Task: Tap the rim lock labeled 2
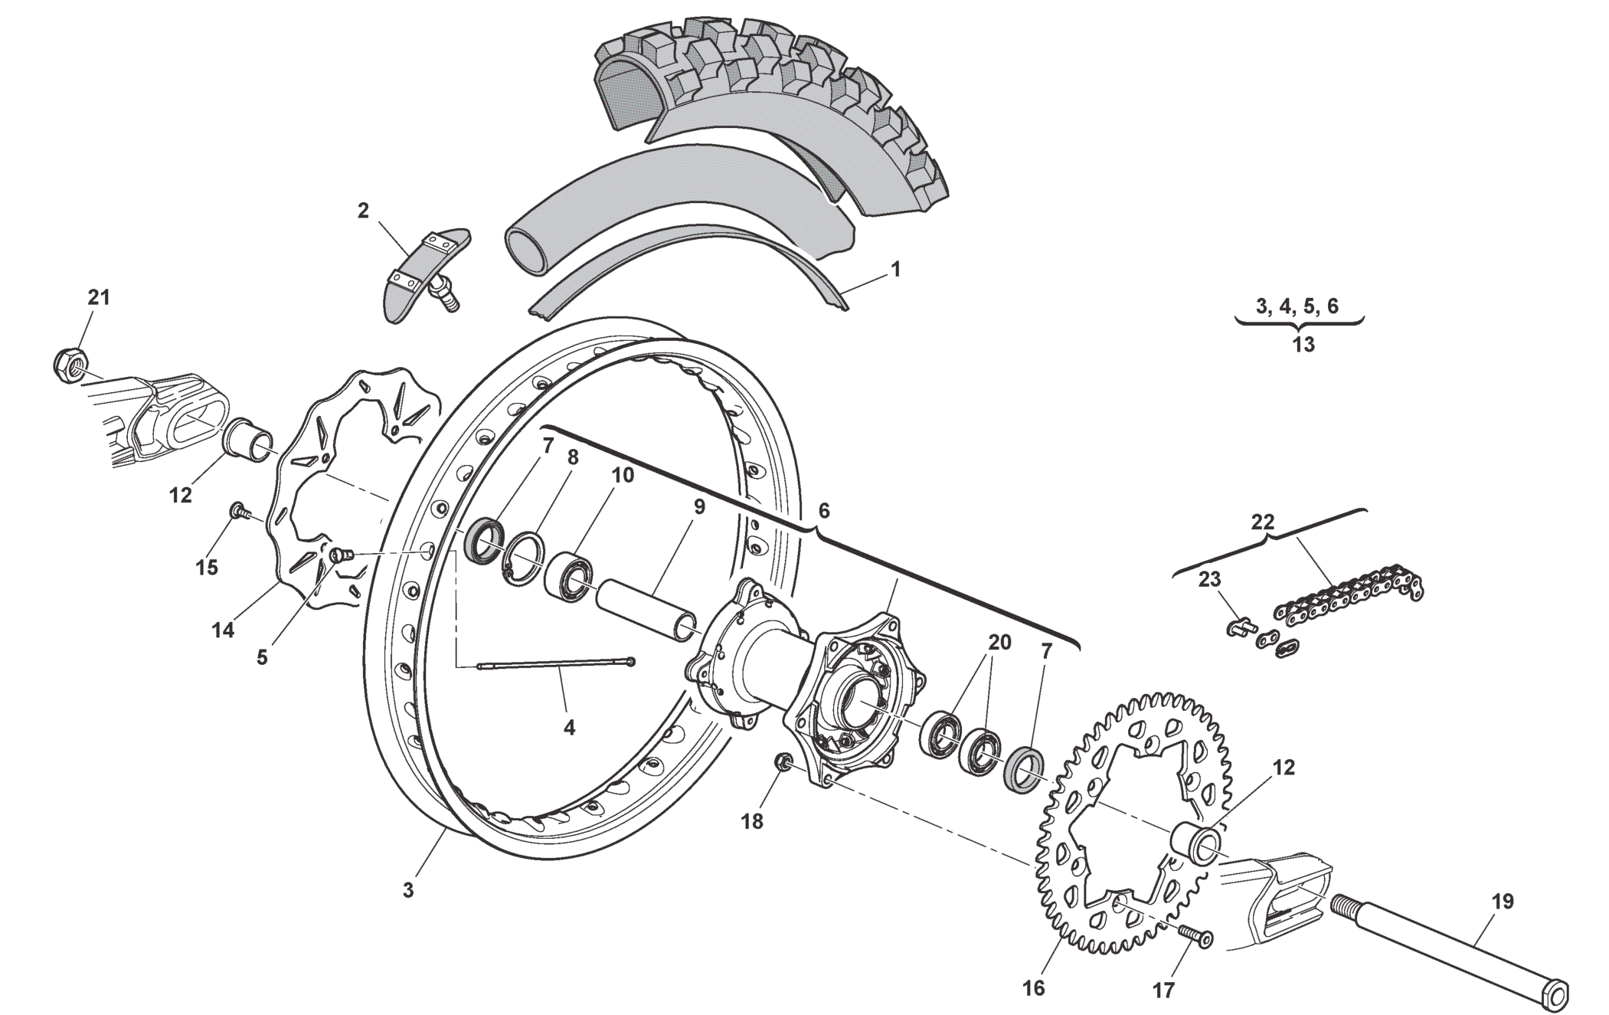(x=423, y=272)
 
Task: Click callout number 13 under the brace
(x=1303, y=345)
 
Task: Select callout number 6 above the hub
(x=823, y=511)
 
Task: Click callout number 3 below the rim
(x=408, y=890)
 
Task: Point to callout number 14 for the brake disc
(x=223, y=630)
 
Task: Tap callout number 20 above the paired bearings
(x=999, y=642)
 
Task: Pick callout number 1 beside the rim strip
(x=894, y=270)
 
